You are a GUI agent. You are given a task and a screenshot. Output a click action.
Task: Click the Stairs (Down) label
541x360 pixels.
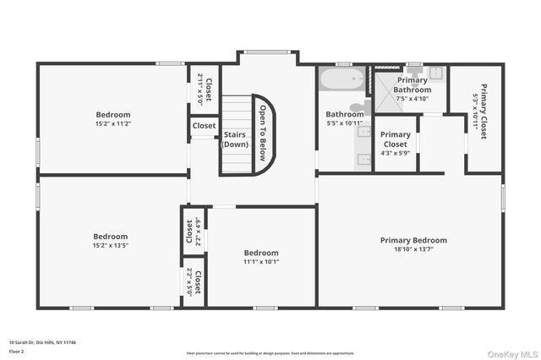(235, 139)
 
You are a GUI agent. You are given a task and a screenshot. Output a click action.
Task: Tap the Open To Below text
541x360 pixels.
(263, 134)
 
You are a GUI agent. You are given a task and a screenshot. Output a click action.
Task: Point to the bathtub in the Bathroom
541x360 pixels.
(341, 81)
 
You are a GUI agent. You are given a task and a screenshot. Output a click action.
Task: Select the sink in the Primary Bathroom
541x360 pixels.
(435, 74)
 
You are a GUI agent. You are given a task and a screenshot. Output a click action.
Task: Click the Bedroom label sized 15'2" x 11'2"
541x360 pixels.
(112, 114)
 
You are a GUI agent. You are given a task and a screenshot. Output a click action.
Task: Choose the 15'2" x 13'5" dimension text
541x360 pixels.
(110, 246)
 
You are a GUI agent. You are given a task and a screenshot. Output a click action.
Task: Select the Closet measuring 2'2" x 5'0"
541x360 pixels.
(194, 282)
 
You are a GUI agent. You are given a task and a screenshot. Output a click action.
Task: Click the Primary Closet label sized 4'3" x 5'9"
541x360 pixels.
(395, 139)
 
